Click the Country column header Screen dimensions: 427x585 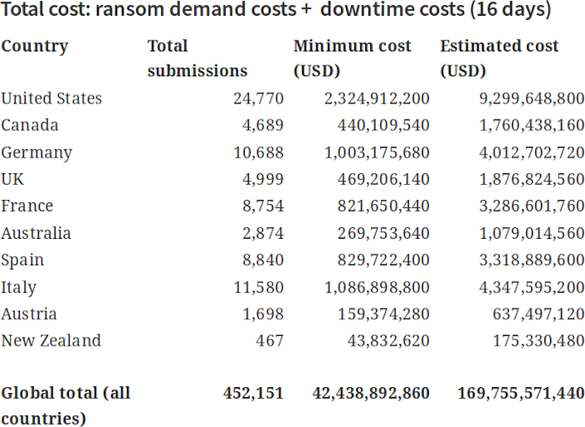[34, 46]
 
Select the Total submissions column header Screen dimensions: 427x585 [197, 58]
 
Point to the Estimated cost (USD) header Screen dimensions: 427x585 [499, 58]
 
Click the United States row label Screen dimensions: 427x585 [51, 99]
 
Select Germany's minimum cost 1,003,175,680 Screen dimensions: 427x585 [373, 153]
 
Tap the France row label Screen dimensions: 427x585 [27, 206]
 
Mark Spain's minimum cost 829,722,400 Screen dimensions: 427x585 [378, 260]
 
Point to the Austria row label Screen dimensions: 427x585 [29, 314]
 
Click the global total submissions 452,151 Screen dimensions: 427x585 [253, 393]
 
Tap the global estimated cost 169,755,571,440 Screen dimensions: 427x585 [520, 393]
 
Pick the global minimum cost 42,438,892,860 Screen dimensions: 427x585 [370, 393]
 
